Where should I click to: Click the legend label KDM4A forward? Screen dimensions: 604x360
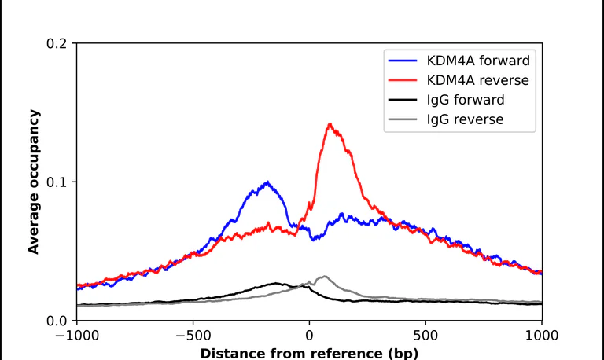[478, 61]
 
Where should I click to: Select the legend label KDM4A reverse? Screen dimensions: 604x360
[477, 80]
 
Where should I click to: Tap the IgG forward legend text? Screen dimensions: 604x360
[466, 100]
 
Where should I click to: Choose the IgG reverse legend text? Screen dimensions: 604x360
[465, 119]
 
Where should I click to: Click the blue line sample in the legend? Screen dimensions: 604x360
[403, 61]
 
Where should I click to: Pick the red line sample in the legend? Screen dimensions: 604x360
[403, 80]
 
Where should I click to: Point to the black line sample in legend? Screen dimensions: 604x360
[403, 100]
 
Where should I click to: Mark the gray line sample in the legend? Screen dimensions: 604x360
[403, 119]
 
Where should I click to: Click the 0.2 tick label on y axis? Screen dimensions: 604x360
[57, 43]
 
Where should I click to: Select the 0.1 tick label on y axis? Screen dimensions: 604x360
[57, 182]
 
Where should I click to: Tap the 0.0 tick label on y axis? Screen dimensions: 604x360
[57, 321]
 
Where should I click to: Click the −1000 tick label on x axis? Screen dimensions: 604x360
[77, 336]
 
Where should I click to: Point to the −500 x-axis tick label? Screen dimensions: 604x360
[193, 336]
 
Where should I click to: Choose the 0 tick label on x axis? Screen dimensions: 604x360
[309, 336]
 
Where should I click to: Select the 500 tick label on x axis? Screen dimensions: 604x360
[425, 336]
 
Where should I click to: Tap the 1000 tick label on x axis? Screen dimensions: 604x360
[542, 336]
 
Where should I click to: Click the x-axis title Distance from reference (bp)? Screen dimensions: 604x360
[309, 354]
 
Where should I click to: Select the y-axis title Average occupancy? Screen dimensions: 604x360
[34, 182]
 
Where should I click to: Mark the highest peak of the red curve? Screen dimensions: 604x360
[330, 124]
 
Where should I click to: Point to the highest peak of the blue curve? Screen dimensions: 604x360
[267, 182]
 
